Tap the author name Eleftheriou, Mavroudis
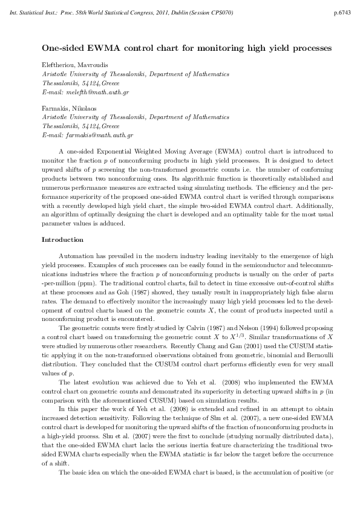[72, 64]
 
